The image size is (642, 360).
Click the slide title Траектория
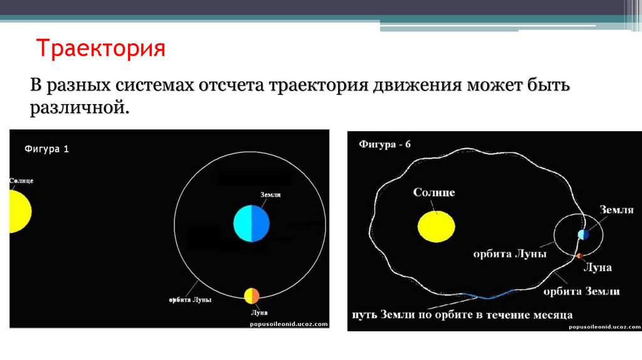click(101, 49)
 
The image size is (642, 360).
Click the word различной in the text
click(78, 108)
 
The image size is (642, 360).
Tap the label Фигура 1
click(47, 149)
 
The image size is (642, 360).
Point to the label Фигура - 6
click(385, 144)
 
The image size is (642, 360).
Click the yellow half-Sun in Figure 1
click(19, 212)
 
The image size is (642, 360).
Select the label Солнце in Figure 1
click(21, 181)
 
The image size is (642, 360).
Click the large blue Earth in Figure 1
click(251, 223)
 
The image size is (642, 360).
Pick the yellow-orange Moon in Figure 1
click(251, 296)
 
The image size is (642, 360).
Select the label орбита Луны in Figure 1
click(190, 300)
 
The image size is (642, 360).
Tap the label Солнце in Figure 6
click(434, 192)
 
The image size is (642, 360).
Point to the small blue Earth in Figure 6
click(584, 235)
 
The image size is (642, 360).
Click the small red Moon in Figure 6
click(579, 255)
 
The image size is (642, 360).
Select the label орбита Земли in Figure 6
click(581, 291)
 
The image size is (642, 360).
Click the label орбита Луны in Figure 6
click(510, 254)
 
